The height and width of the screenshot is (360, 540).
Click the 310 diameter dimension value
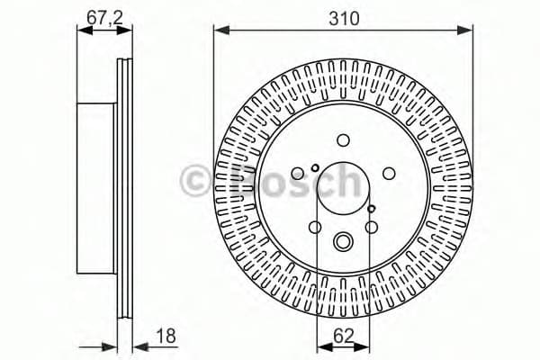(343, 17)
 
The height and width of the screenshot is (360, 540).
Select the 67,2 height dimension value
(98, 17)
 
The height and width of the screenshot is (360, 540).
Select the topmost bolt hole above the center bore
(343, 139)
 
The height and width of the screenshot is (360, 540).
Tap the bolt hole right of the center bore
(390, 174)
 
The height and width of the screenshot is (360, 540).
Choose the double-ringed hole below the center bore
(343, 241)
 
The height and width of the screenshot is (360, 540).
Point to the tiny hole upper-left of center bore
(314, 167)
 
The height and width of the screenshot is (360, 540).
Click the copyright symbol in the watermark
(195, 181)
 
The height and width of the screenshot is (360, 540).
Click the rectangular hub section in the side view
(97, 189)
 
